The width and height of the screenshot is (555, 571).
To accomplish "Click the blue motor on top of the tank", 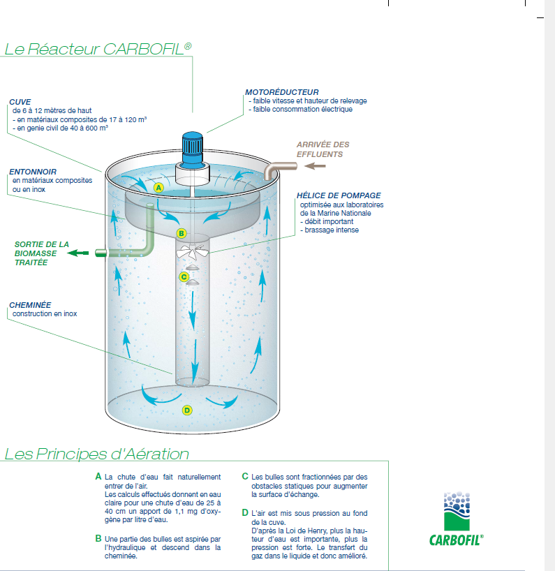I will click(191, 145).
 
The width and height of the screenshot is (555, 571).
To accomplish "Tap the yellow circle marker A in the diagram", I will click(158, 188).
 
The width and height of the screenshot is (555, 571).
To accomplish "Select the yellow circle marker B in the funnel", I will click(181, 233).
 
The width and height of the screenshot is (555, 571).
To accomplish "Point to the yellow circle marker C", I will click(184, 276).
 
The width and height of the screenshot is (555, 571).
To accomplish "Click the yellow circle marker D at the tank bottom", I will click(186, 410).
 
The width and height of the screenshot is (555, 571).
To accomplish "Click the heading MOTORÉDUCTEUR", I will click(281, 92).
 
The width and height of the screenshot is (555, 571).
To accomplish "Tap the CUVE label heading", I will click(20, 102).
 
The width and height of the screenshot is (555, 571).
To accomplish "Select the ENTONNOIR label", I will click(33, 172).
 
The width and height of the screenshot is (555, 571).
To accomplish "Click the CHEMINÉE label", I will click(30, 305).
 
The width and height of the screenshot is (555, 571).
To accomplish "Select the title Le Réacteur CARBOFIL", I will click(98, 49).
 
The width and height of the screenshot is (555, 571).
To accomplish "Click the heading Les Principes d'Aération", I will click(96, 454).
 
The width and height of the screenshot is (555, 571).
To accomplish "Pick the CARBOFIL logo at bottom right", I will click(457, 520).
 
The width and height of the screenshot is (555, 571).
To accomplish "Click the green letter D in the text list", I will click(245, 513).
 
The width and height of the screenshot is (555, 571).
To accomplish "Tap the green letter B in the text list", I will click(98, 539).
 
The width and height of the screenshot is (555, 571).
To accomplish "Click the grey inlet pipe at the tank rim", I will click(279, 168).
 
